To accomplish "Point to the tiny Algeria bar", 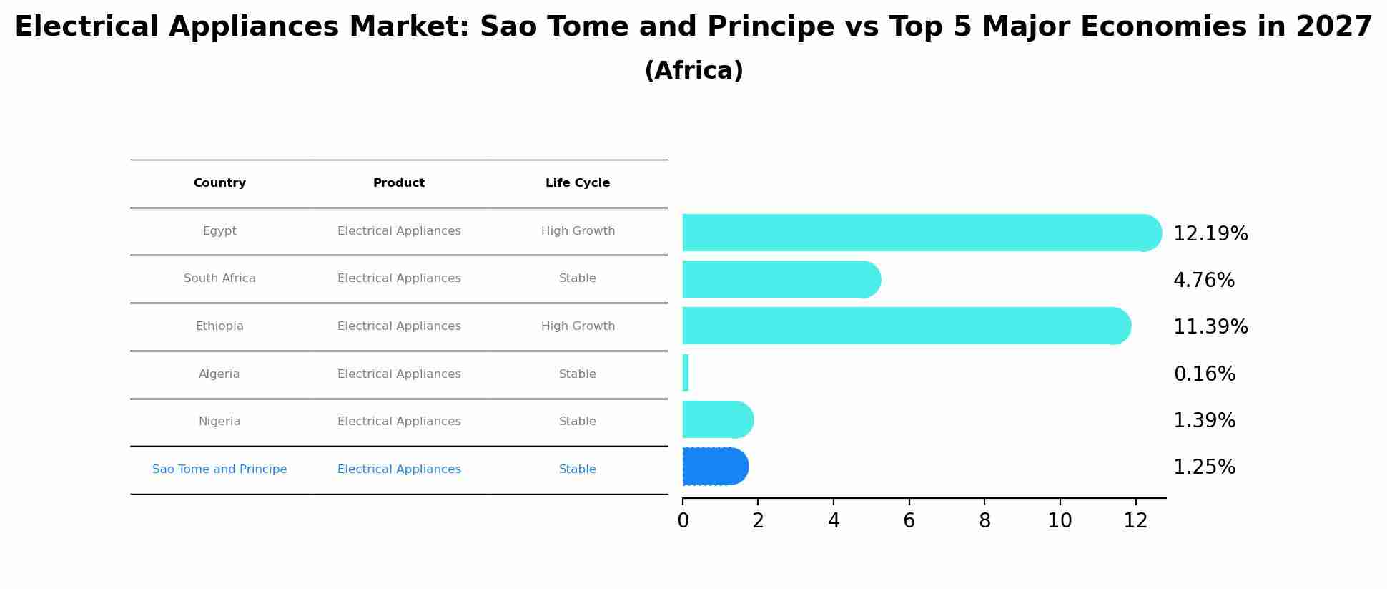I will pyautogui.click(x=686, y=373).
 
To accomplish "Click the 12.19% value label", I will pyautogui.click(x=1210, y=234).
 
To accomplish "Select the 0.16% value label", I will pyautogui.click(x=1204, y=374).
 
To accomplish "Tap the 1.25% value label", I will pyautogui.click(x=1204, y=467).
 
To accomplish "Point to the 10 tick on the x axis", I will pyautogui.click(x=1060, y=521).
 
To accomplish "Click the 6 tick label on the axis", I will pyautogui.click(x=909, y=521).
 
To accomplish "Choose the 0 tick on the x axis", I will pyautogui.click(x=683, y=521).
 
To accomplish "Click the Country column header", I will pyautogui.click(x=219, y=183).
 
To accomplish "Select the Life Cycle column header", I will pyautogui.click(x=578, y=183).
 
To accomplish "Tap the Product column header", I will pyautogui.click(x=399, y=183).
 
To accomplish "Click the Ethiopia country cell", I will pyautogui.click(x=219, y=326).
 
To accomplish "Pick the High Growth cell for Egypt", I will pyautogui.click(x=578, y=231).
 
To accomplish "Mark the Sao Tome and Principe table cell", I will pyautogui.click(x=219, y=469).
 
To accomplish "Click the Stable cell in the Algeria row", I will pyautogui.click(x=578, y=374).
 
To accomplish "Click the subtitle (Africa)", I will pyautogui.click(x=693, y=71).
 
